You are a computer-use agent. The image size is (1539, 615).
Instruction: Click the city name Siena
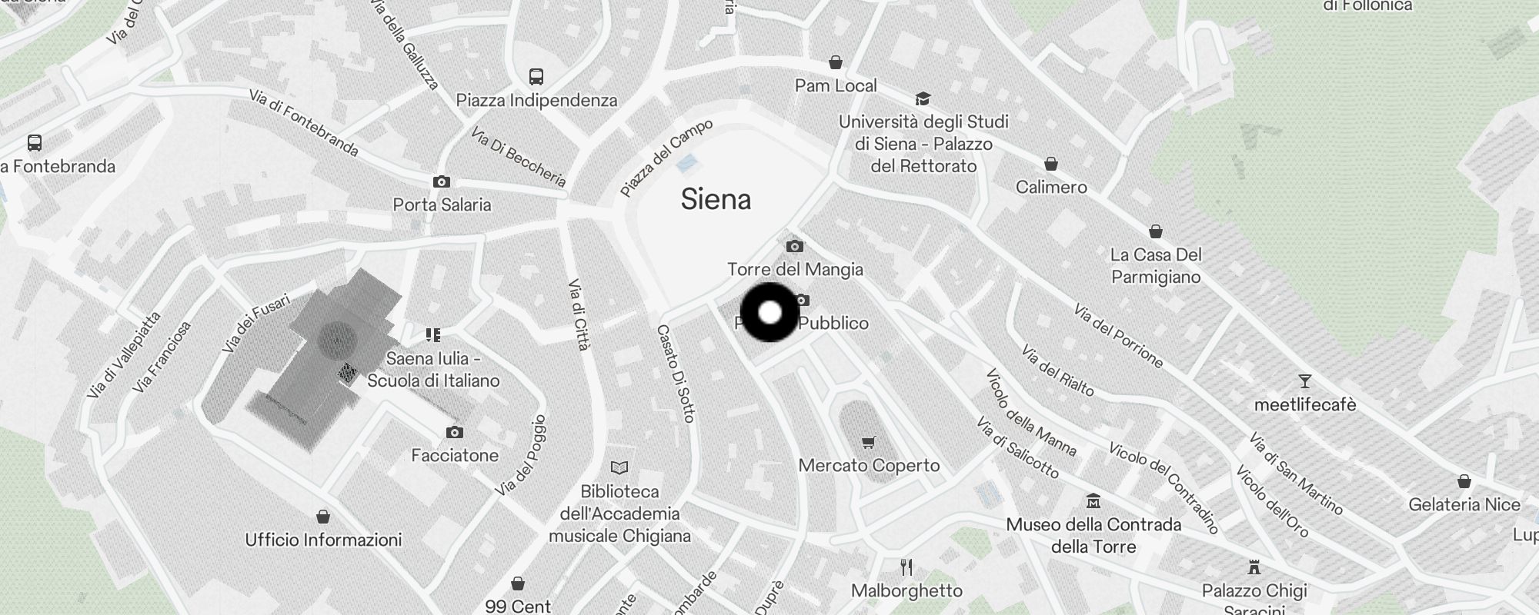pyautogui.click(x=716, y=200)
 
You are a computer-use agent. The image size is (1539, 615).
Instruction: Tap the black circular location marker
pyautogui.click(x=769, y=313)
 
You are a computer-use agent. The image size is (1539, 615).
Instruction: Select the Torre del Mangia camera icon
pyautogui.click(x=795, y=247)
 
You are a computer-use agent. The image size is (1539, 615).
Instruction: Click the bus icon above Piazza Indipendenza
pyautogui.click(x=536, y=77)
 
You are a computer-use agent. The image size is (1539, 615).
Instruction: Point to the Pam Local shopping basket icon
pyautogui.click(x=836, y=62)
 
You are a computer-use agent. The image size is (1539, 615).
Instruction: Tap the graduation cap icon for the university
pyautogui.click(x=923, y=98)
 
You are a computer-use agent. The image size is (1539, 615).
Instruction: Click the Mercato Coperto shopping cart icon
pyautogui.click(x=869, y=442)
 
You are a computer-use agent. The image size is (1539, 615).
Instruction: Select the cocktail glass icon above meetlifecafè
pyautogui.click(x=1304, y=381)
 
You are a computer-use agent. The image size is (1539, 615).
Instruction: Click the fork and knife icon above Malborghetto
pyautogui.click(x=906, y=567)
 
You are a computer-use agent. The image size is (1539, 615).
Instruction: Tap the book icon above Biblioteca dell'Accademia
pyautogui.click(x=619, y=467)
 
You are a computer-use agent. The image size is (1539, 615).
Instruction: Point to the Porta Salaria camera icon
pyautogui.click(x=441, y=182)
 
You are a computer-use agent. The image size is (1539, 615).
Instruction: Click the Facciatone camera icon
pyautogui.click(x=455, y=433)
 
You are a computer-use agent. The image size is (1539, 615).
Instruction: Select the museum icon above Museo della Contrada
pyautogui.click(x=1093, y=502)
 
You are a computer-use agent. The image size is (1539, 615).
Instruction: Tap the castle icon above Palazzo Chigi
pyautogui.click(x=1254, y=568)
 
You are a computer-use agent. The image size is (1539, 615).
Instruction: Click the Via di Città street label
pyautogui.click(x=579, y=314)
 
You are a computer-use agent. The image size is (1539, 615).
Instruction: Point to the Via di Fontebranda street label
pyautogui.click(x=304, y=122)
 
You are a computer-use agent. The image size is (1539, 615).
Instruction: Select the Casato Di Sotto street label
pyautogui.click(x=676, y=374)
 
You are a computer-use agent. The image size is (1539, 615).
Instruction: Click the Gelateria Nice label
pyautogui.click(x=1464, y=505)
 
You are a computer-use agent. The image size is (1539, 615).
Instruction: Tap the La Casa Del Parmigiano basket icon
pyautogui.click(x=1155, y=231)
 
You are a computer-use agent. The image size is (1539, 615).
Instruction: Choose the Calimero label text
pyautogui.click(x=1051, y=187)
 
